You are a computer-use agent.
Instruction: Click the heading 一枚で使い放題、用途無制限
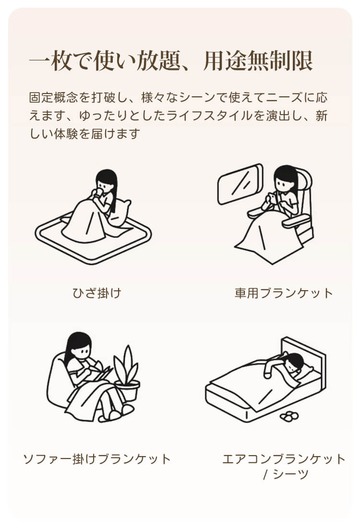click(x=171, y=61)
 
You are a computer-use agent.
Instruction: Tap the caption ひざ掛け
click(x=97, y=293)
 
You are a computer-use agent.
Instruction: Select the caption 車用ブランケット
click(x=284, y=293)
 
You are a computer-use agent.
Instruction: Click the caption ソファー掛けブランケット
click(x=97, y=459)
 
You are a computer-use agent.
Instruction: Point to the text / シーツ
click(x=286, y=474)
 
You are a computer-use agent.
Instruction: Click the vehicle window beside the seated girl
click(x=240, y=184)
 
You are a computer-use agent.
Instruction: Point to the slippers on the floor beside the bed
click(x=289, y=416)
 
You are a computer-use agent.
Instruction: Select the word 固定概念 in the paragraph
click(x=53, y=98)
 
